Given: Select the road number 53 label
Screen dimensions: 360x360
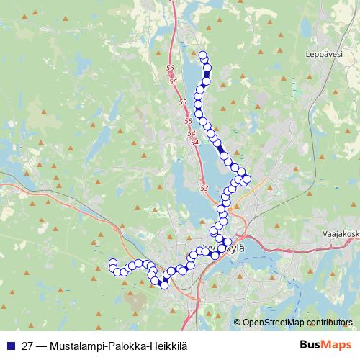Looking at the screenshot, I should coord(204,188).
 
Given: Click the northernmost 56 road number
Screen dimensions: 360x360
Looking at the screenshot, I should coord(170,68).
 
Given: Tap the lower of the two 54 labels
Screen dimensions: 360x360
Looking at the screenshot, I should coord(194,143).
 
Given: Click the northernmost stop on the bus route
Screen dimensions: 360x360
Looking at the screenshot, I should coord(202,55).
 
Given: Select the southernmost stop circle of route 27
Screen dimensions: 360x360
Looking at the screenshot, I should coord(164,285).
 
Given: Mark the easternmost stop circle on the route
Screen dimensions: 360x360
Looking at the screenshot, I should coord(247,178).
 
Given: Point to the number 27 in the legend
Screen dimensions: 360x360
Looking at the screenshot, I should coord(28,346).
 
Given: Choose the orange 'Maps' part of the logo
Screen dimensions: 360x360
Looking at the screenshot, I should coord(334,345).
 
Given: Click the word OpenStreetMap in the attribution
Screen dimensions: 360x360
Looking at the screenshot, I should coord(273,322).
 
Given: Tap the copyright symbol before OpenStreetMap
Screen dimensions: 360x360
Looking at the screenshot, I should coord(238,322).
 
